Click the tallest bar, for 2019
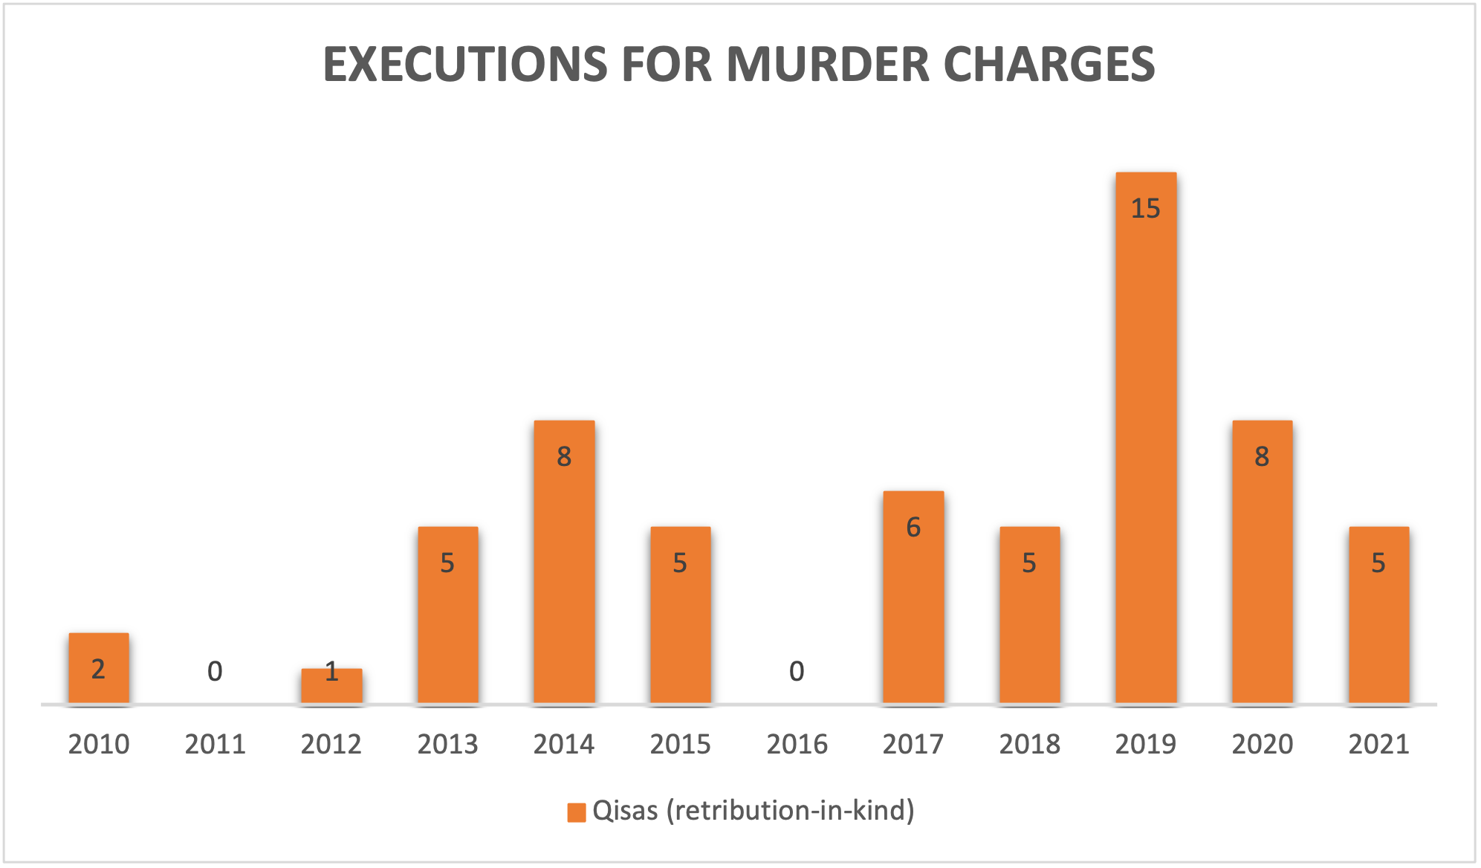(1145, 438)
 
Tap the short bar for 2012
(331, 685)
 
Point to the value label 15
(1145, 209)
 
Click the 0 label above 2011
(215, 672)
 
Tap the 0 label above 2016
(797, 672)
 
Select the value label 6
(913, 528)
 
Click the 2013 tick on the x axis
(447, 744)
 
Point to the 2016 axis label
(797, 744)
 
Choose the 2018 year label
(1029, 744)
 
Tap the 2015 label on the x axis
(680, 744)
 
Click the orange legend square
(576, 812)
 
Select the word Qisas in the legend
(625, 811)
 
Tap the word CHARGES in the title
(1049, 64)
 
